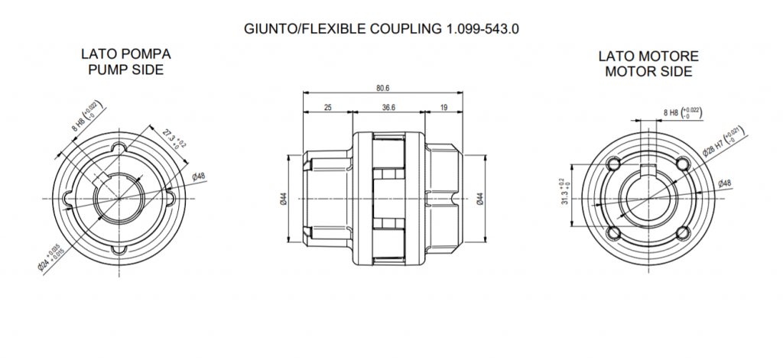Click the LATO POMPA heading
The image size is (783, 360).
pyautogui.click(x=125, y=55)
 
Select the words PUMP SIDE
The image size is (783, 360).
pyautogui.click(x=125, y=70)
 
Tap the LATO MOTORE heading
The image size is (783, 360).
pyautogui.click(x=648, y=57)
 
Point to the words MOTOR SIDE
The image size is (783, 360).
pyautogui.click(x=648, y=72)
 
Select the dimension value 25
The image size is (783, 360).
pyautogui.click(x=327, y=108)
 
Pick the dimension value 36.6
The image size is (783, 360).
pyautogui.click(x=388, y=108)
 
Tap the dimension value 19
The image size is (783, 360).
pyautogui.click(x=444, y=108)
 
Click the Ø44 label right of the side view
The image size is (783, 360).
pyautogui.click(x=480, y=199)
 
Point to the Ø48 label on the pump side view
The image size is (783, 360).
pyautogui.click(x=197, y=177)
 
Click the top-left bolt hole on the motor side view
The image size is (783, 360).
pyautogui.click(x=613, y=164)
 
